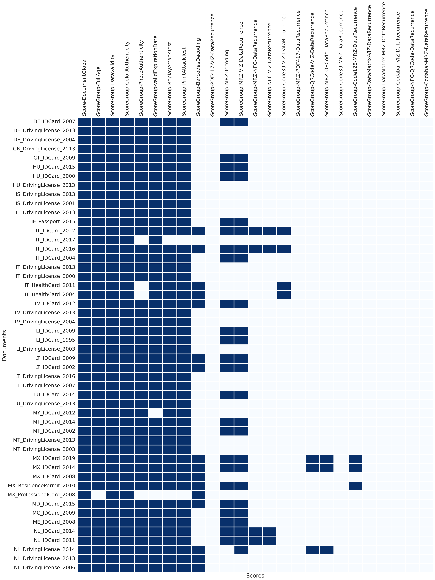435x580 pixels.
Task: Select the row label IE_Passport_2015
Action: [x=53, y=222]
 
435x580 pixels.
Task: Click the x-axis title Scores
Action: [x=255, y=576]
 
